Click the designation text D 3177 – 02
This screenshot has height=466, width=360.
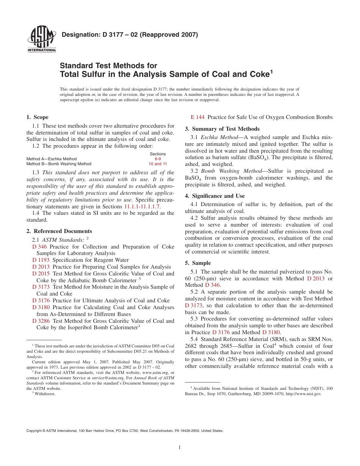(130, 35)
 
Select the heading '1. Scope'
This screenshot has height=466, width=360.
(37, 117)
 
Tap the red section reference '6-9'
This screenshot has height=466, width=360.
(158, 159)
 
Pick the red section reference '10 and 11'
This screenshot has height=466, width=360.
(158, 164)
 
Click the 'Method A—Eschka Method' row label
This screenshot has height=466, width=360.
(51, 159)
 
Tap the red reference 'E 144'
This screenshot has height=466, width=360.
(197, 117)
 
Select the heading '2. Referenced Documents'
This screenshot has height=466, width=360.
(59, 231)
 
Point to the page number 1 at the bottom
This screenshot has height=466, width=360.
(180, 447)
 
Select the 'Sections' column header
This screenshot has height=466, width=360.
(158, 154)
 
